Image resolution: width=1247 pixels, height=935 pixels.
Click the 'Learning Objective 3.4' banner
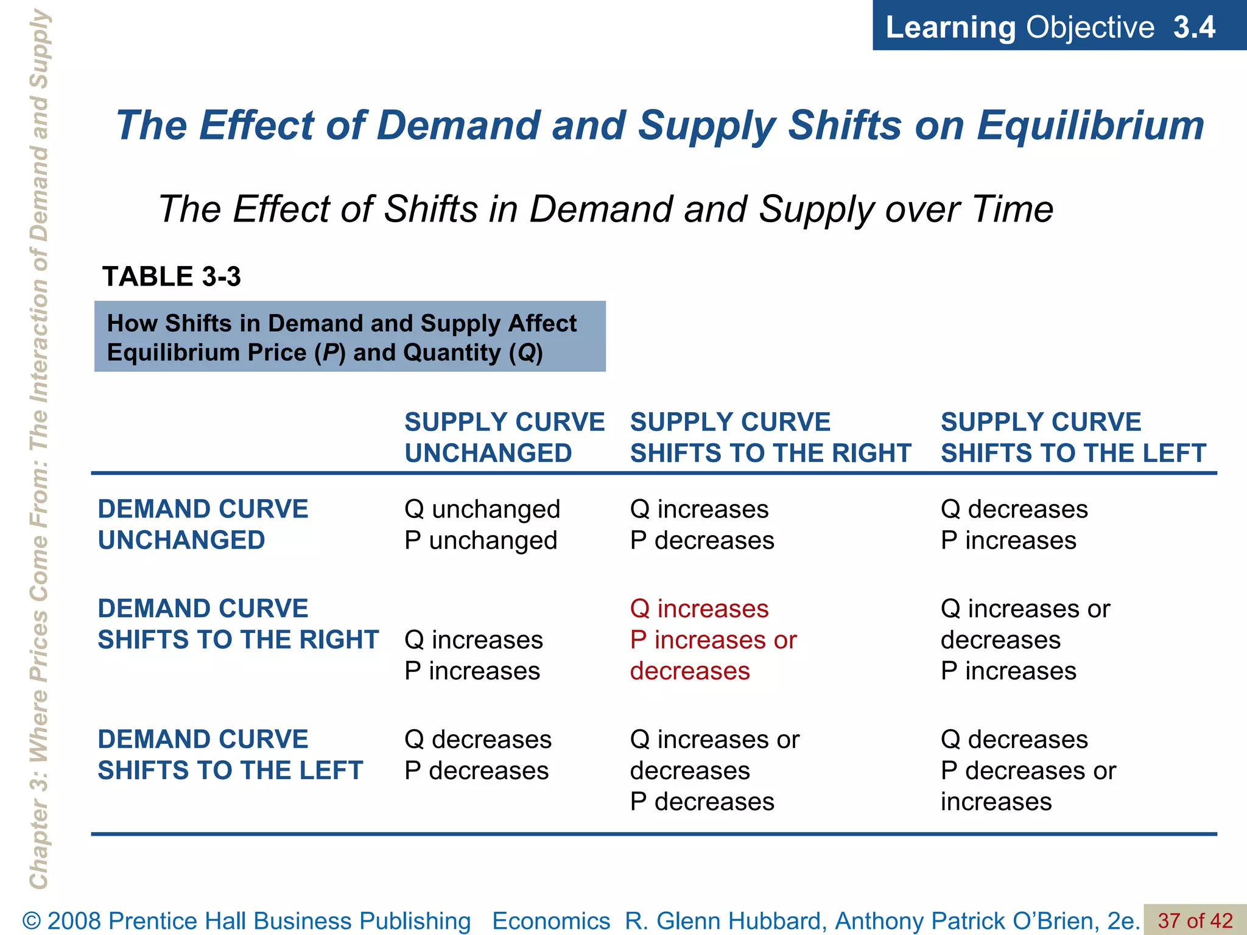(x=1050, y=27)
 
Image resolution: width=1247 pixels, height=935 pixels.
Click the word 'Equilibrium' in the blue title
(x=1090, y=125)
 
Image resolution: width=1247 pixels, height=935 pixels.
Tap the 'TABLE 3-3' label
(x=172, y=276)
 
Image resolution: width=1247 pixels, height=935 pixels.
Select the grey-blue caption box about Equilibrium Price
(x=350, y=337)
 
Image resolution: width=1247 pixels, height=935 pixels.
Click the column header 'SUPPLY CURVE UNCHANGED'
(x=504, y=437)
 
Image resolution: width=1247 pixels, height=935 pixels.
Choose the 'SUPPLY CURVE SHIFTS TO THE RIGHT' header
(x=770, y=437)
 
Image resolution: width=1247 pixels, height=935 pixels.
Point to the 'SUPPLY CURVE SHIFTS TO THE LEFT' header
(x=1073, y=437)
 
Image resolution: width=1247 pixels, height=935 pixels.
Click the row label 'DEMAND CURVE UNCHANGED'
(x=203, y=524)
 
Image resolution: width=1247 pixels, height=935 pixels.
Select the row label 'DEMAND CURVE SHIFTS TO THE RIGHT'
(x=238, y=624)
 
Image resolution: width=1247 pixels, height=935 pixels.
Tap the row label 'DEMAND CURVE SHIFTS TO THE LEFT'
(x=230, y=755)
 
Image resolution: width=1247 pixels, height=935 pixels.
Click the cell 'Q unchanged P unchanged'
(x=482, y=524)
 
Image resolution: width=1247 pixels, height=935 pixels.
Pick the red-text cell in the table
(x=713, y=640)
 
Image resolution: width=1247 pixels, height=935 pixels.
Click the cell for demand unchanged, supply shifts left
(x=1014, y=524)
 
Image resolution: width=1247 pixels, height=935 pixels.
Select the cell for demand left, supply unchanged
(x=478, y=755)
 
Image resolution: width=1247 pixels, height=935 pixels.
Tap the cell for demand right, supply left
(x=1025, y=640)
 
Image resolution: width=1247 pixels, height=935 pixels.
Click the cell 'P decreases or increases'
(x=1028, y=771)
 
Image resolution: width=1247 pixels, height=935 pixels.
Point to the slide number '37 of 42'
(x=1195, y=920)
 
